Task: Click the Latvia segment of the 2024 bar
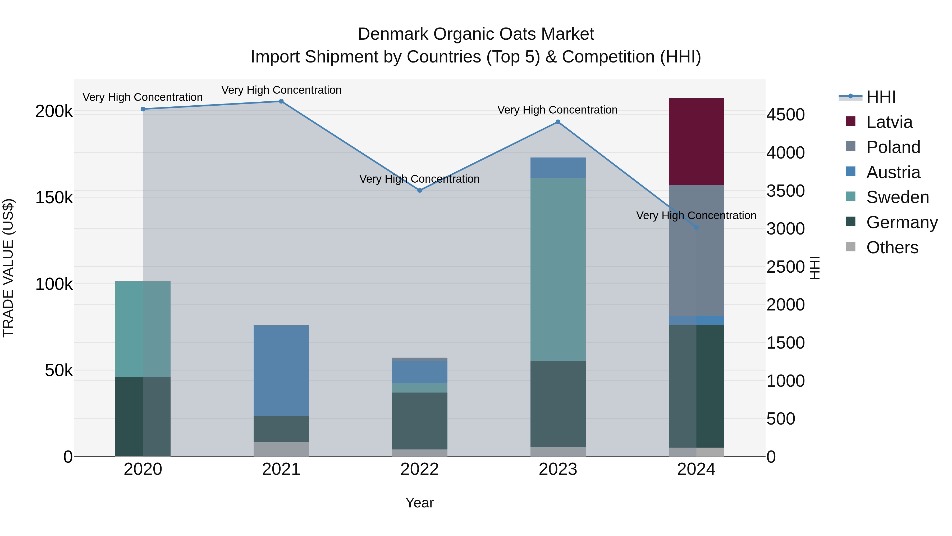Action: (x=696, y=141)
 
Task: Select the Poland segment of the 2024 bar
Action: (x=696, y=250)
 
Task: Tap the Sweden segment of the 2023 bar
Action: (x=558, y=269)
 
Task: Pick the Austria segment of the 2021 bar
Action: (x=281, y=370)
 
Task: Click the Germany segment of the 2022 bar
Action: (x=419, y=421)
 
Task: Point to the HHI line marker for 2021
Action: (x=281, y=101)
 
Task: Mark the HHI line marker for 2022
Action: (x=419, y=191)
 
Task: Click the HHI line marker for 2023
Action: (x=558, y=122)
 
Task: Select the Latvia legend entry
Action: (x=889, y=122)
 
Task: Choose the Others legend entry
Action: (x=892, y=247)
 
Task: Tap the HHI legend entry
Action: (x=881, y=97)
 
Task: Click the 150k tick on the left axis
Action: (x=54, y=197)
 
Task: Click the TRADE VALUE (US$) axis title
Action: (x=8, y=268)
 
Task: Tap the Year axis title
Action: (x=419, y=503)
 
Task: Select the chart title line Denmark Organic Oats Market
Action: (x=476, y=34)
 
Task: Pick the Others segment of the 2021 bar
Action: (x=281, y=449)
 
